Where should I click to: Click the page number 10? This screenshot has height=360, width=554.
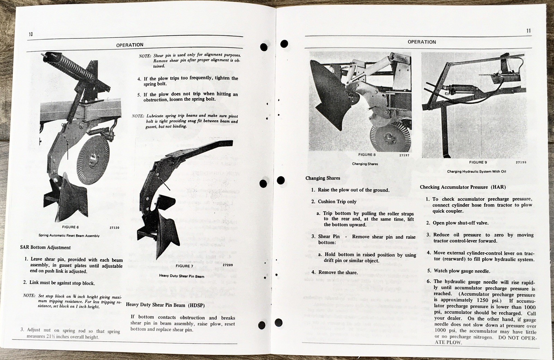[31, 34]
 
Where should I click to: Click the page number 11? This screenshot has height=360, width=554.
[528, 31]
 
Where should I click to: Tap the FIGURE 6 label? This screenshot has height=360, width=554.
[70, 227]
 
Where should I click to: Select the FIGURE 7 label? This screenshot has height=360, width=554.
[185, 266]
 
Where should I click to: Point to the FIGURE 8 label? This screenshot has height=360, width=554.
[367, 155]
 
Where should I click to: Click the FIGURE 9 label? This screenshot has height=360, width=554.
[478, 162]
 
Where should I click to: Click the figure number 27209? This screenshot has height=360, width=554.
[227, 265]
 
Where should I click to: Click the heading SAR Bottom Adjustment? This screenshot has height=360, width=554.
[45, 247]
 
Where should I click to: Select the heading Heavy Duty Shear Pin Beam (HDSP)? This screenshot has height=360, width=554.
[165, 305]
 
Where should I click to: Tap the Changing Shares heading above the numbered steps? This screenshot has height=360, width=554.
[322, 178]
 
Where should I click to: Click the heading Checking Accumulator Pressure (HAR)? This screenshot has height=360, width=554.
[463, 187]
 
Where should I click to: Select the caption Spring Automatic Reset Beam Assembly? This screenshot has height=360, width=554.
[69, 236]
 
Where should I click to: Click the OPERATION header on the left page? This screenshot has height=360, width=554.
[129, 45]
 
